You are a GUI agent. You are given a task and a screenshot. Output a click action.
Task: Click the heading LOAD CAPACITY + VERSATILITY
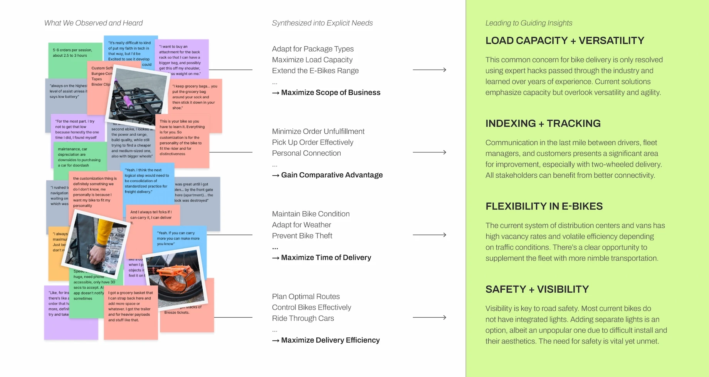(x=565, y=40)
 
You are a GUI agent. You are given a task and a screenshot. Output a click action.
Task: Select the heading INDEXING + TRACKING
(x=543, y=123)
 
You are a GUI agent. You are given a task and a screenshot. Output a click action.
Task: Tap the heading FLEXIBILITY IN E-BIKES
(x=544, y=206)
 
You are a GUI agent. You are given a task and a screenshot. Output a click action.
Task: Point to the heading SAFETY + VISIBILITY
(x=537, y=289)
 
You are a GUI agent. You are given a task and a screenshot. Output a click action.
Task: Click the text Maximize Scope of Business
(x=330, y=93)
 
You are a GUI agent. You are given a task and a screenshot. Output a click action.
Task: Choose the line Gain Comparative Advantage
(x=331, y=175)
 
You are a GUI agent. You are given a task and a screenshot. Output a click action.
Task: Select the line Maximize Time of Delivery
(x=326, y=258)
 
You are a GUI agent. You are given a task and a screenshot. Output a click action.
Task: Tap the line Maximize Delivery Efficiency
(x=330, y=340)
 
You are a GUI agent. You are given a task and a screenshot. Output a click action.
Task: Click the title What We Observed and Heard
(x=93, y=23)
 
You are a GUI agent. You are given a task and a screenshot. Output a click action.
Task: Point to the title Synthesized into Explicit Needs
(x=322, y=23)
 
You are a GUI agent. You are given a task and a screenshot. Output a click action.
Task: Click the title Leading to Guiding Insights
(x=529, y=23)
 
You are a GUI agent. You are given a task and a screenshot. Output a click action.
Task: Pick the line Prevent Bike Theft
(x=302, y=236)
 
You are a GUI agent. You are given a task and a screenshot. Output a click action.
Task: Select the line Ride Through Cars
(x=303, y=318)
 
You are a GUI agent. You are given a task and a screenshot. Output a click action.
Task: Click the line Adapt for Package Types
(x=312, y=49)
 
